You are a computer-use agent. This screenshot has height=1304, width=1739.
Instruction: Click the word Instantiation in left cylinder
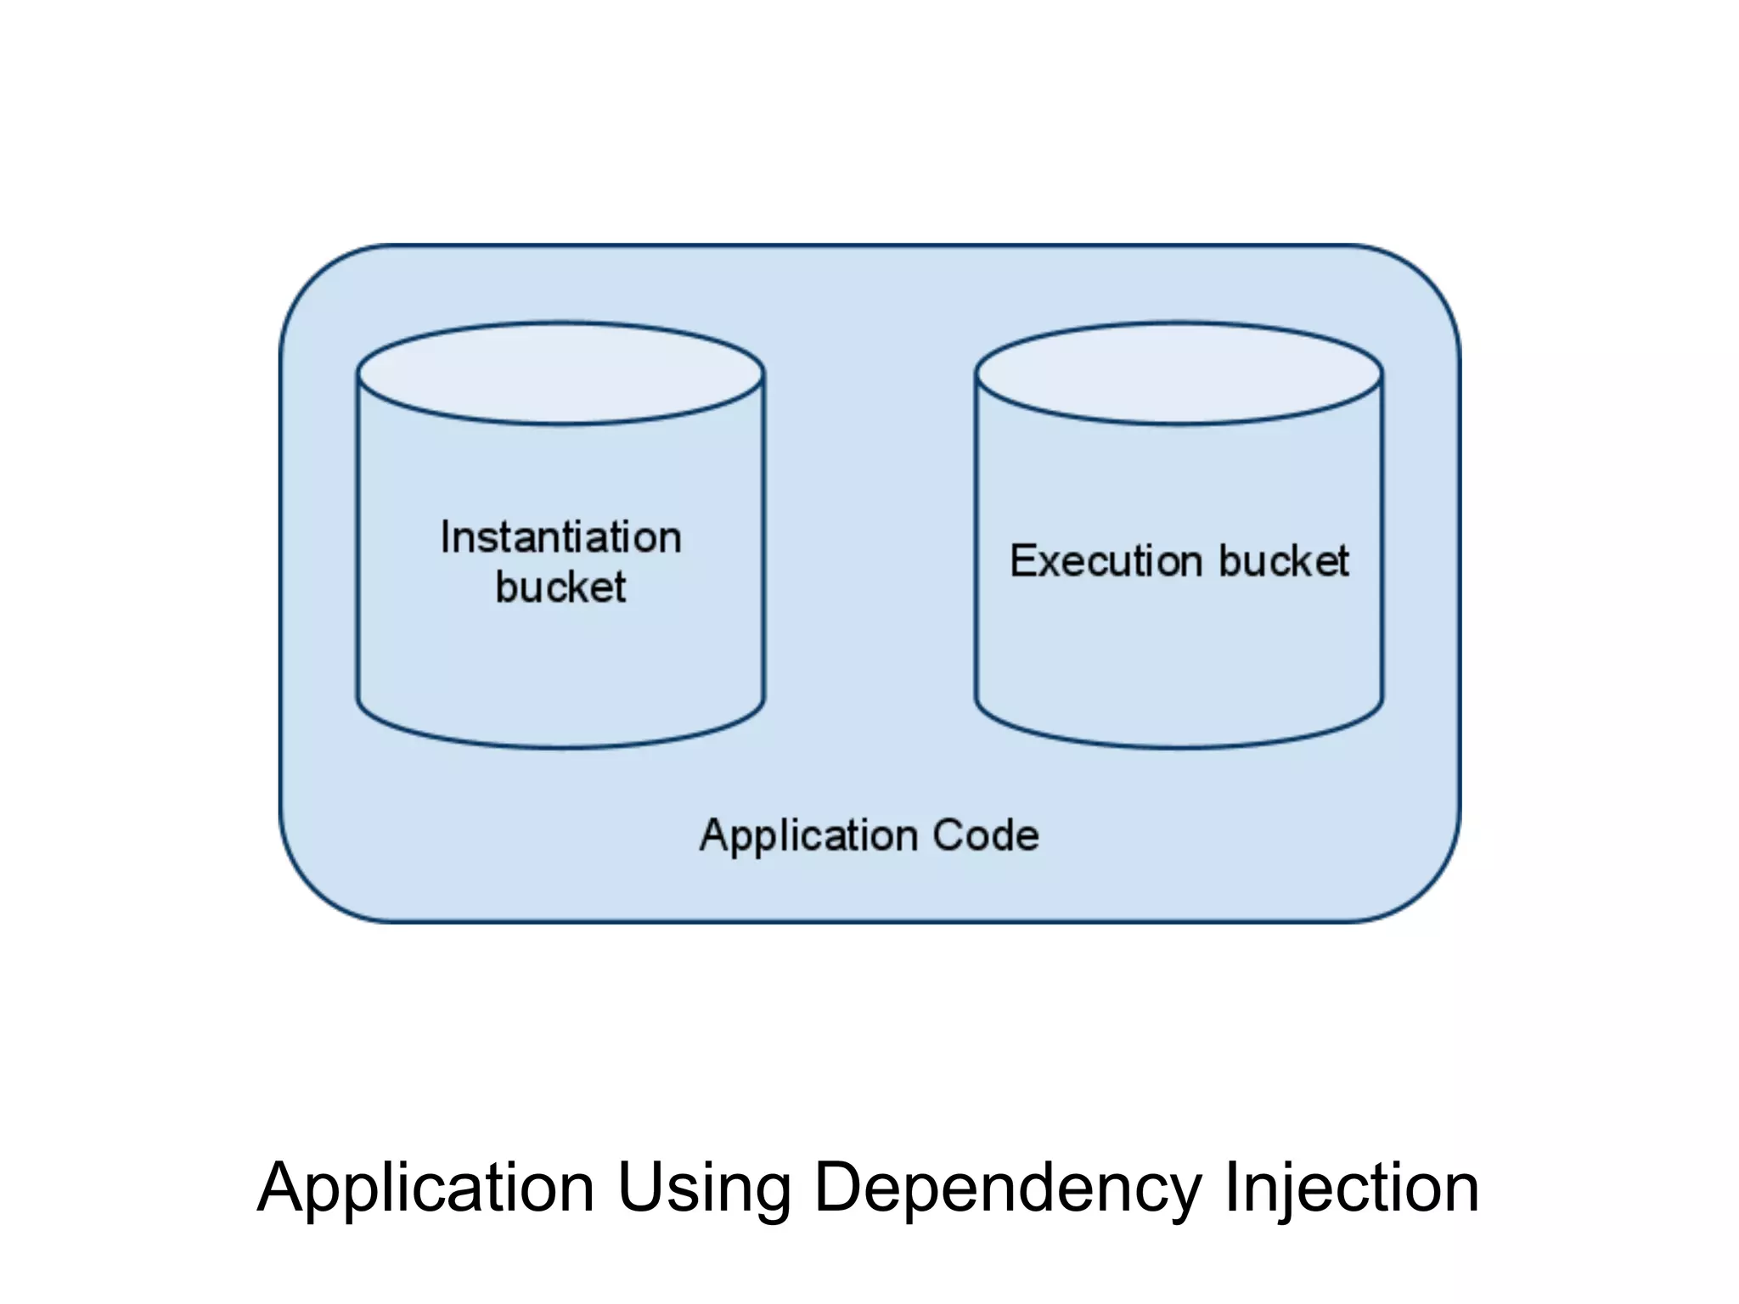tap(560, 537)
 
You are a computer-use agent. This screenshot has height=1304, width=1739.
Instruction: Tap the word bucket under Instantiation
tap(560, 587)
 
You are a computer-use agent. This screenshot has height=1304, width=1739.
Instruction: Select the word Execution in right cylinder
tap(1106, 561)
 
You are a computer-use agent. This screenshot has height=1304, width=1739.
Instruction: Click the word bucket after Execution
tap(1284, 561)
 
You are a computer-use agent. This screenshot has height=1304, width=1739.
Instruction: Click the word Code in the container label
tap(986, 835)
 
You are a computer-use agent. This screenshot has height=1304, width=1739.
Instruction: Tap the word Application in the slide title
tap(425, 1189)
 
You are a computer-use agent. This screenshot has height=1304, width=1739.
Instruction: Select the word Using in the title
tap(704, 1189)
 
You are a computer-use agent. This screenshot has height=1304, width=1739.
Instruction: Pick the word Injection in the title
tap(1352, 1187)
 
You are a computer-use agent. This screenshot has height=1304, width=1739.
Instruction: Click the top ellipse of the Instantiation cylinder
tap(560, 374)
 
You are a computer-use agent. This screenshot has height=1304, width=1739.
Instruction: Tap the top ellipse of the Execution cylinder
tap(1179, 374)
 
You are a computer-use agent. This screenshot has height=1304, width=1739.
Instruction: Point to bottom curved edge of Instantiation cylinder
tap(560, 747)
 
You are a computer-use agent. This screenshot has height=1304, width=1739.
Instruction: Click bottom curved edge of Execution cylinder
tap(1179, 747)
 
